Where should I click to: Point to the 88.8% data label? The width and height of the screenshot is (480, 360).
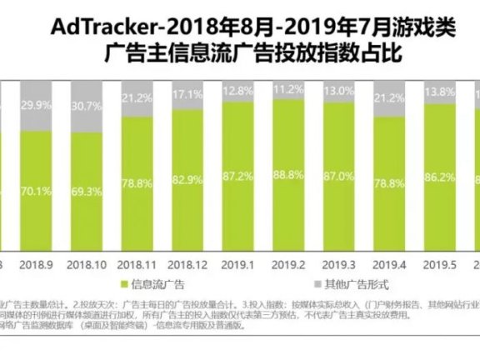(288, 174)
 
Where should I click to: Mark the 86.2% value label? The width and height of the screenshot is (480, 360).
(439, 176)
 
